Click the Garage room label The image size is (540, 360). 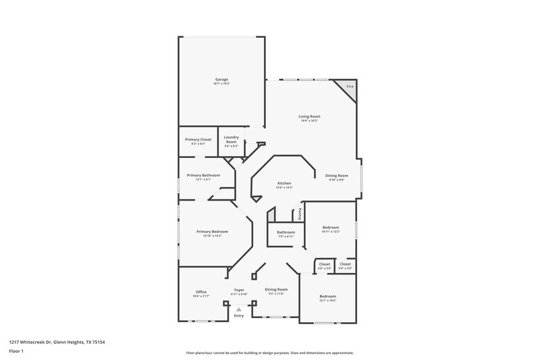221,79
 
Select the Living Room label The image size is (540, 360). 308,117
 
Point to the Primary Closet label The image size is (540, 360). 198,139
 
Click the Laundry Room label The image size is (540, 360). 232,139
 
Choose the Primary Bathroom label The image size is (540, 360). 203,176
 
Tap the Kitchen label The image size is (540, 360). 284,183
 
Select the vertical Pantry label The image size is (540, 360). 300,213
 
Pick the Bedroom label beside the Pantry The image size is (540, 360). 330,228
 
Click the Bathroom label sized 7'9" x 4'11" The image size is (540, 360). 286,232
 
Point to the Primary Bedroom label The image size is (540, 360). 209,232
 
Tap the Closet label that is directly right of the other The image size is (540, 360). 345,263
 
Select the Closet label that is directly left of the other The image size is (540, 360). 324,263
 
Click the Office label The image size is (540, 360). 201,292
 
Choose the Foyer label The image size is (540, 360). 239,289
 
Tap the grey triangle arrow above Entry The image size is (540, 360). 238,309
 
